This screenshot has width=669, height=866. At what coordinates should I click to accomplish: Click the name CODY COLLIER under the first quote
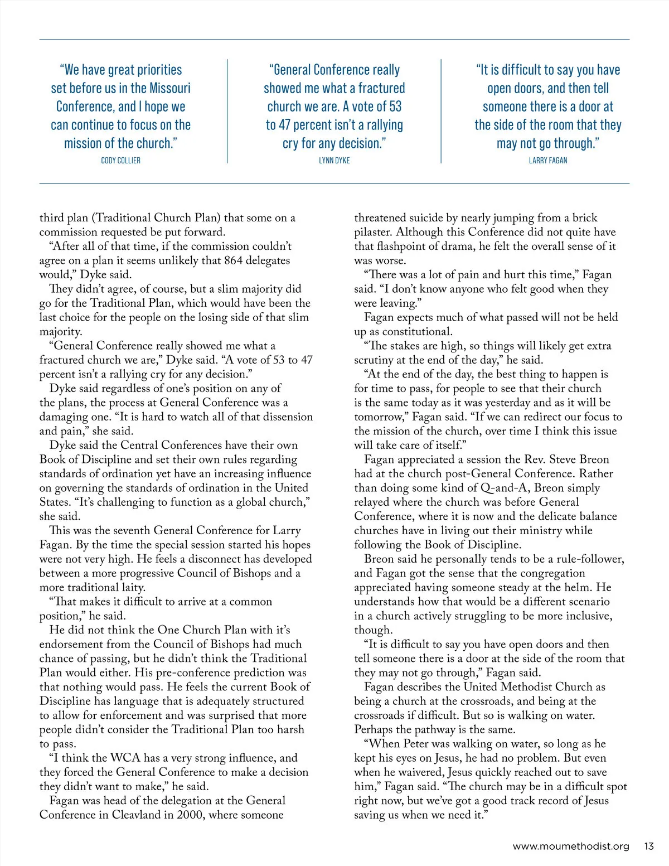[x=120, y=161]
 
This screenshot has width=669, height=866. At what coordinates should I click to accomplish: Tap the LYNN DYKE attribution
[x=334, y=161]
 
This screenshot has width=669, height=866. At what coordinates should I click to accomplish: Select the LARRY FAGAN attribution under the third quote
[x=548, y=161]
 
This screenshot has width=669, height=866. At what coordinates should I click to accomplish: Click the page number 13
[x=648, y=846]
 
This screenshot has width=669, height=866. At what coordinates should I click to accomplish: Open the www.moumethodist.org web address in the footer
[x=571, y=846]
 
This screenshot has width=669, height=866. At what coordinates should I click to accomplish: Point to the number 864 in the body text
[x=234, y=260]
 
